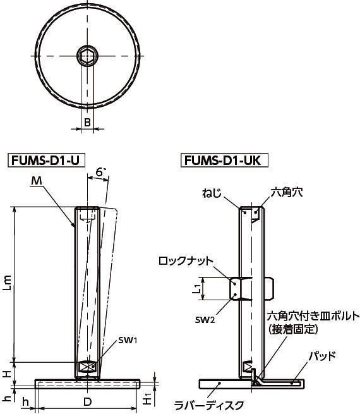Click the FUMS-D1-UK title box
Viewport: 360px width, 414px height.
click(224, 160)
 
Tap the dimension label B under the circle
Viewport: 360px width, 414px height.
click(87, 123)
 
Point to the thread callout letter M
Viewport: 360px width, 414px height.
click(37, 181)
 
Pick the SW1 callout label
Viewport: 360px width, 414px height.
click(128, 340)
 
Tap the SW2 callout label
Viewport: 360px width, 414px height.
click(205, 320)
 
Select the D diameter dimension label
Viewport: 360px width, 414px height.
click(87, 402)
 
